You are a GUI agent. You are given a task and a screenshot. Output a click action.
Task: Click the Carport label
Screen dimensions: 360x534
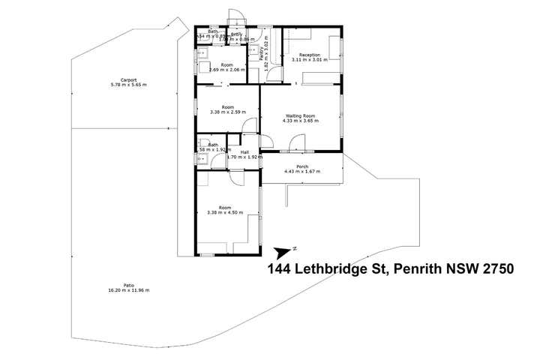123,80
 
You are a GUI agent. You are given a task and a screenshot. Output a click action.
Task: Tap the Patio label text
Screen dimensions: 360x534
129,284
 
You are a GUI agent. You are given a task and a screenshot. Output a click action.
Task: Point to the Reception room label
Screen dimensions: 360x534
310,55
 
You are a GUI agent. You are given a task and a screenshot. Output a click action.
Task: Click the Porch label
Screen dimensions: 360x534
302,167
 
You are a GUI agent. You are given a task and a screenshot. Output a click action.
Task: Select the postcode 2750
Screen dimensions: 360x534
492,269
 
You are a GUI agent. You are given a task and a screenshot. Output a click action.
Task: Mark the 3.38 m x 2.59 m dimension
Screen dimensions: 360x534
228,112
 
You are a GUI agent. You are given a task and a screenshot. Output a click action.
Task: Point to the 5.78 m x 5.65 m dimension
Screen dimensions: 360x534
123,85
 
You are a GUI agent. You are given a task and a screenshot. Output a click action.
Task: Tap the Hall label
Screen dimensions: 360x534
244,152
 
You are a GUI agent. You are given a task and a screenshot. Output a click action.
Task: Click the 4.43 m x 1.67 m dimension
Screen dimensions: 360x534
302,172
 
